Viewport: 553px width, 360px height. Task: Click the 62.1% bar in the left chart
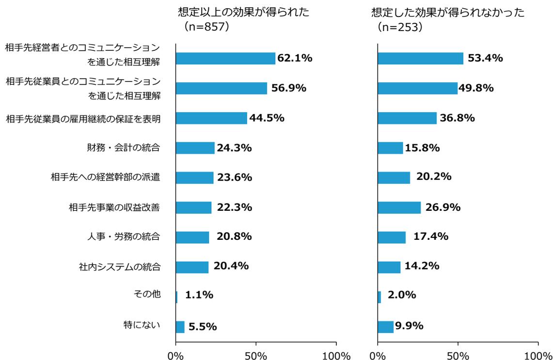click(225, 59)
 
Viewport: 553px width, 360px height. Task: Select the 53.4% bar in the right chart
click(420, 59)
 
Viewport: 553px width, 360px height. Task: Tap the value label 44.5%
click(267, 118)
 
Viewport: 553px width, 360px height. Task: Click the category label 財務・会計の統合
click(124, 148)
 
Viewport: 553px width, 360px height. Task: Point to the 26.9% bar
click(399, 207)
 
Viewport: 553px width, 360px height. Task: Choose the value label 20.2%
click(434, 177)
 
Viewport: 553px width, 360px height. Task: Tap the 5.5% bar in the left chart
click(180, 327)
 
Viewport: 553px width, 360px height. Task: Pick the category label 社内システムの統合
click(120, 266)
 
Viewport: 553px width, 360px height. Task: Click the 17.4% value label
click(431, 236)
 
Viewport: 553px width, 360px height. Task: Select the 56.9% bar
click(221, 88)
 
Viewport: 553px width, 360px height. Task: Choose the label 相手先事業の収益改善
click(115, 208)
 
